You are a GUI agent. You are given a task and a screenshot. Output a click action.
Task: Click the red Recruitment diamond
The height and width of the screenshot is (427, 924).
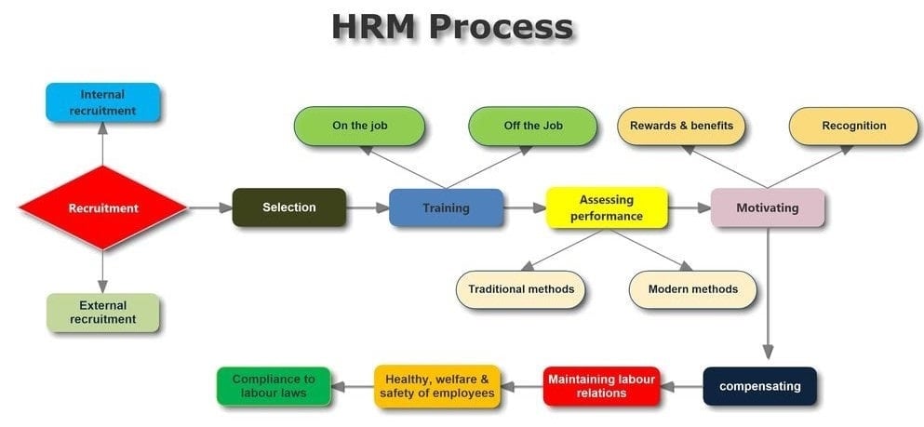click(x=103, y=207)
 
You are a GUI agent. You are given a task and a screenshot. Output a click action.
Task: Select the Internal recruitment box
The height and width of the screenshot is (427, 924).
click(x=103, y=102)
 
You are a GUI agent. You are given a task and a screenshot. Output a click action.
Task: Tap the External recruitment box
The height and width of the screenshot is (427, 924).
click(x=103, y=313)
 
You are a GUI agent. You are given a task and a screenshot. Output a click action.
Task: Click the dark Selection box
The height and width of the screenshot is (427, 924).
click(x=289, y=207)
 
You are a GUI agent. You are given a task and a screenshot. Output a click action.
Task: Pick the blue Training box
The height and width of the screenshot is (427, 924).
click(x=446, y=207)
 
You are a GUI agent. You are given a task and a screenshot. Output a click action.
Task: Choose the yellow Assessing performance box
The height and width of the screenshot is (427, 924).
click(x=607, y=207)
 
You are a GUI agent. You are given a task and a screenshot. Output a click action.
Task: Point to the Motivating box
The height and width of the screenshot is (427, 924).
click(x=768, y=207)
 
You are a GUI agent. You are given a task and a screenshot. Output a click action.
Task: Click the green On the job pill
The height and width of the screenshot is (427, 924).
click(x=359, y=126)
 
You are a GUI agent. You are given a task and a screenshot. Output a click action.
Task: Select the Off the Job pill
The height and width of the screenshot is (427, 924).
click(x=532, y=126)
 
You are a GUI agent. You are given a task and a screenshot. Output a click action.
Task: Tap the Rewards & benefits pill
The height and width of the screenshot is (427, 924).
click(x=681, y=126)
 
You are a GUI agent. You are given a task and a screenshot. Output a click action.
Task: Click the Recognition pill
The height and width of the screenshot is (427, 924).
click(x=854, y=126)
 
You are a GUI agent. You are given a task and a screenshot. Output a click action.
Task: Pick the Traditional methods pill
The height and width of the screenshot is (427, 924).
click(x=521, y=289)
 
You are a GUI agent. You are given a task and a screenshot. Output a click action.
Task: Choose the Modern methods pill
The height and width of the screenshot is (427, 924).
click(x=693, y=289)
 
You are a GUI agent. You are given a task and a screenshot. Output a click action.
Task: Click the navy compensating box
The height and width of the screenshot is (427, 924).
click(x=760, y=386)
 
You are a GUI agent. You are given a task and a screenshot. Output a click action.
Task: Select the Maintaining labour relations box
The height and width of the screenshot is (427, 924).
click(x=602, y=386)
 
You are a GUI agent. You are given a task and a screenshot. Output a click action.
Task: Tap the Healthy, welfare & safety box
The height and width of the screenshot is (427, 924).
click(x=437, y=386)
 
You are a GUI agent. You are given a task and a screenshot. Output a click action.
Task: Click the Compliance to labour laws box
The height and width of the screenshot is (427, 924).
click(x=274, y=386)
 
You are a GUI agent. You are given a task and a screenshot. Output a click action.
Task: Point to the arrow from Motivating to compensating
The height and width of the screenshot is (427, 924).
click(x=768, y=293)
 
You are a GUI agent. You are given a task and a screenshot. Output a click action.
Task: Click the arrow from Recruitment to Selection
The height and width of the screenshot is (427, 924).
click(x=210, y=207)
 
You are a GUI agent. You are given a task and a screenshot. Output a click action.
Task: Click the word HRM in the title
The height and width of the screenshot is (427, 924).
click(x=375, y=26)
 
